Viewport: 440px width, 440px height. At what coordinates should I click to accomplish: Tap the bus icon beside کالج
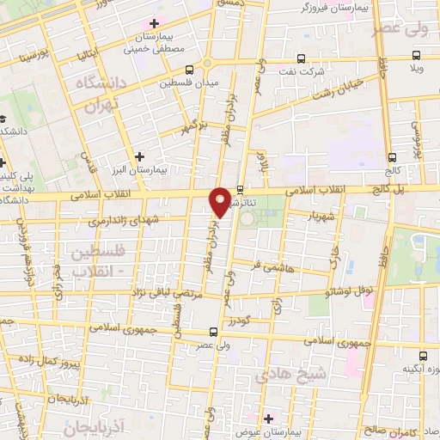[393, 157]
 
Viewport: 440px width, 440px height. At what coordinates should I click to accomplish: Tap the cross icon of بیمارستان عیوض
[269, 418]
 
